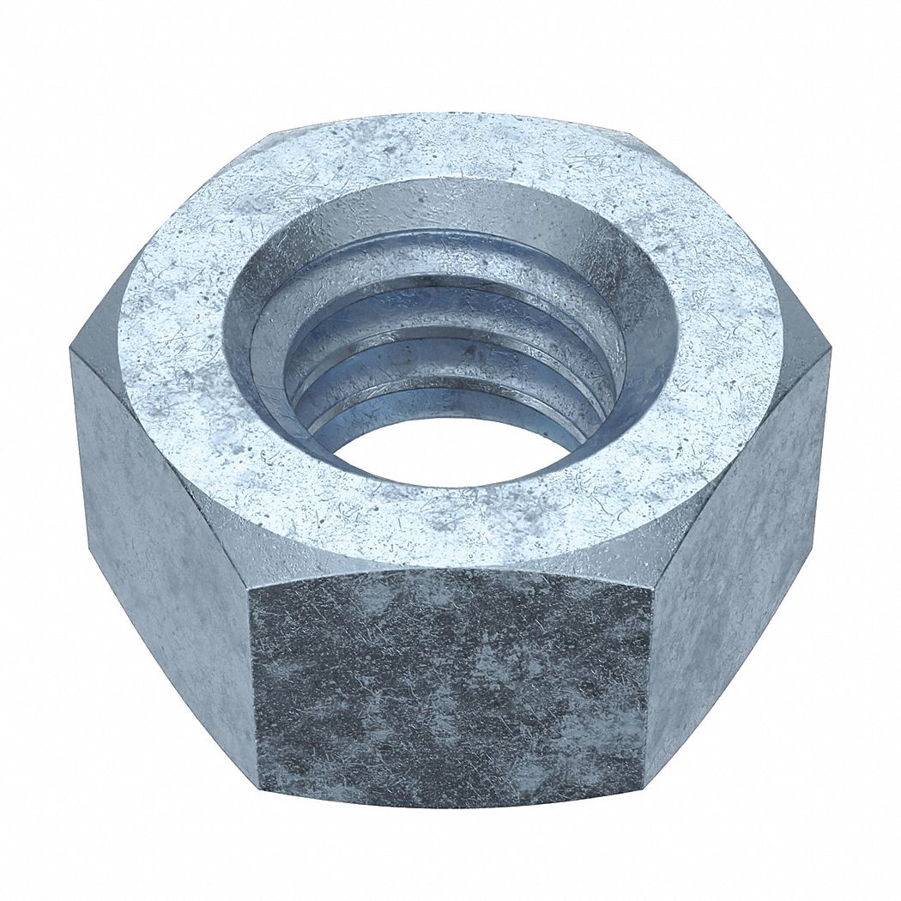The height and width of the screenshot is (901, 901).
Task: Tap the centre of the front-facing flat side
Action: tap(453, 686)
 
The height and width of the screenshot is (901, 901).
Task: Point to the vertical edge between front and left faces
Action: tap(255, 678)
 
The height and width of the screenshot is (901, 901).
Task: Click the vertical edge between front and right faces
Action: tap(650, 678)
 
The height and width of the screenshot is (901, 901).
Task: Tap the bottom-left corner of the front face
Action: tap(257, 783)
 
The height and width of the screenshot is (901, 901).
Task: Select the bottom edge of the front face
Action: tap(453, 807)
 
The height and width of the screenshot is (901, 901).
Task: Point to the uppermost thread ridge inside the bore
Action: tap(446, 249)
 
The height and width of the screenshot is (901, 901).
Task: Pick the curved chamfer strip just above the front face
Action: tap(453, 562)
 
